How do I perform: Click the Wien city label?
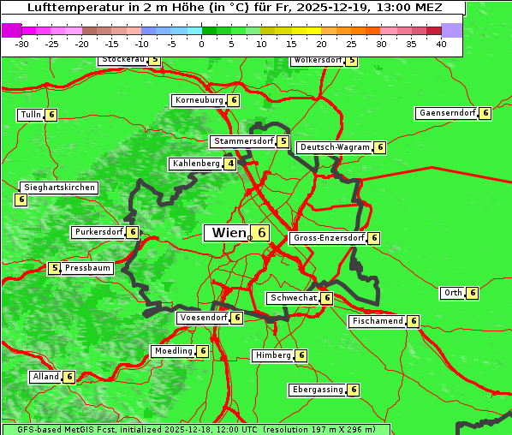228,233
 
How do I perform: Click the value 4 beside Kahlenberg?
230,164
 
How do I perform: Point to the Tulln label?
30,115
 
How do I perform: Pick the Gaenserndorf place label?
446,113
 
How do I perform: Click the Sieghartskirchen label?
58,188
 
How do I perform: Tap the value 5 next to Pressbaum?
55,268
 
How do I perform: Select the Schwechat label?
292,298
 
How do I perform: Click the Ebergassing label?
317,390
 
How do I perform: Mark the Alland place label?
45,377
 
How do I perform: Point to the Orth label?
453,293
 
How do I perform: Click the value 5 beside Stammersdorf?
283,141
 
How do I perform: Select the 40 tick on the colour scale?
441,44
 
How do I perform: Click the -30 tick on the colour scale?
22,44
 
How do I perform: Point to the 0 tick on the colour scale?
202,44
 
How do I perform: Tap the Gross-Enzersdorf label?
329,238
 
